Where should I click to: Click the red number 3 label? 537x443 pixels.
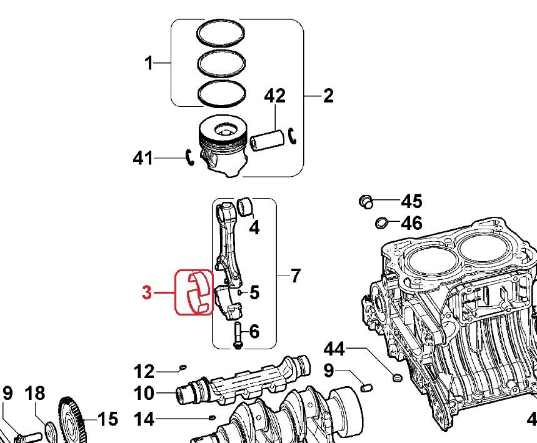pos(147,292)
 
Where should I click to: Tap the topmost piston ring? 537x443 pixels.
pos(220,34)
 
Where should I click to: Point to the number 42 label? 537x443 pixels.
pos(275,96)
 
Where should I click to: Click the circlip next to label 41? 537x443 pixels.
pos(190,158)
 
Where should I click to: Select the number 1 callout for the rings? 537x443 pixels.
pos(149,63)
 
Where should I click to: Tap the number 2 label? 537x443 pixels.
pos(328,96)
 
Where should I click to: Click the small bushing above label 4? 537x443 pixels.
pos(246,205)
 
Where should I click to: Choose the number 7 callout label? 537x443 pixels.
pos(296,275)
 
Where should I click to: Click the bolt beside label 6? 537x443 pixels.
pos(238,336)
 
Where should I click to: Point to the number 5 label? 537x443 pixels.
pos(254,292)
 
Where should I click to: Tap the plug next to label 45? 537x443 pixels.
pos(366,201)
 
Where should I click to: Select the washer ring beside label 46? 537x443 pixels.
pos(381,222)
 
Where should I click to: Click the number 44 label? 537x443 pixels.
pos(333,349)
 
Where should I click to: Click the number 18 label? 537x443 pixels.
pos(35,394)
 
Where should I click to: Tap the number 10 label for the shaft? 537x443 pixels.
pos(144,394)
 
